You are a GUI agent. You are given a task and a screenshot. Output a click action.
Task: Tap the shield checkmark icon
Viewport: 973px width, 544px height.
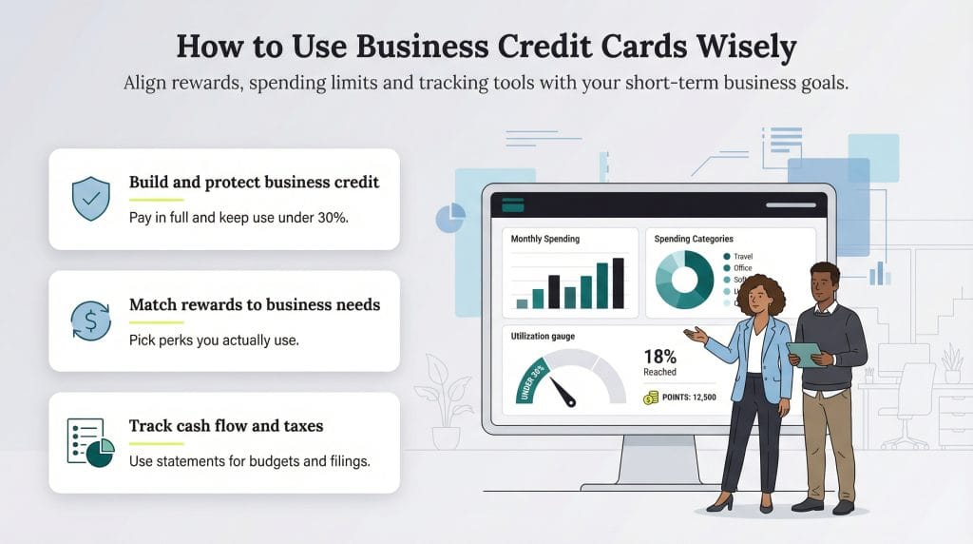(91, 199)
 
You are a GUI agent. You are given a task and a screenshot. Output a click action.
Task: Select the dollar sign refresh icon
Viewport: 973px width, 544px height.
(91, 321)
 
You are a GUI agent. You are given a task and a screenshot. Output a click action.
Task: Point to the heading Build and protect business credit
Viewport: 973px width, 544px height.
(254, 182)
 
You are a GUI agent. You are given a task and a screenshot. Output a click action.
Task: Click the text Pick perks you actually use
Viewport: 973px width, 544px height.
(214, 340)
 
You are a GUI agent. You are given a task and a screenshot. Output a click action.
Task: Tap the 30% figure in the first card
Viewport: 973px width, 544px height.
(333, 218)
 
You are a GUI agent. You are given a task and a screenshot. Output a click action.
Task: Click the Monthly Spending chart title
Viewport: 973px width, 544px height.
(544, 239)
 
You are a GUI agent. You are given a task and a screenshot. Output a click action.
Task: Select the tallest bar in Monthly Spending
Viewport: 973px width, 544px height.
(619, 282)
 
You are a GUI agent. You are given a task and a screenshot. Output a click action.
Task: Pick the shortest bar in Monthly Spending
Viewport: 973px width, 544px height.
(522, 303)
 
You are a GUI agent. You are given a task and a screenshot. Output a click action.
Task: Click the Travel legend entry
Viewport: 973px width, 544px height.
(743, 256)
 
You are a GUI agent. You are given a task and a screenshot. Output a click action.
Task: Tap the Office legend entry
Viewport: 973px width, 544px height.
(743, 268)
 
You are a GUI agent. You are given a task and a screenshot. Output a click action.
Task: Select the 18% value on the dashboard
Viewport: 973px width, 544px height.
(659, 358)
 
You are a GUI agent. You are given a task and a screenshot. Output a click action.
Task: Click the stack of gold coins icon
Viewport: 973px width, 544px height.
(651, 398)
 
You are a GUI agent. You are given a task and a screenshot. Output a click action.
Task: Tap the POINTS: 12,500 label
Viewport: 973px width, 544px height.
(689, 398)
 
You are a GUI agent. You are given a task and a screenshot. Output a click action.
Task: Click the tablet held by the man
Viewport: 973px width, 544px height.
(803, 354)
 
